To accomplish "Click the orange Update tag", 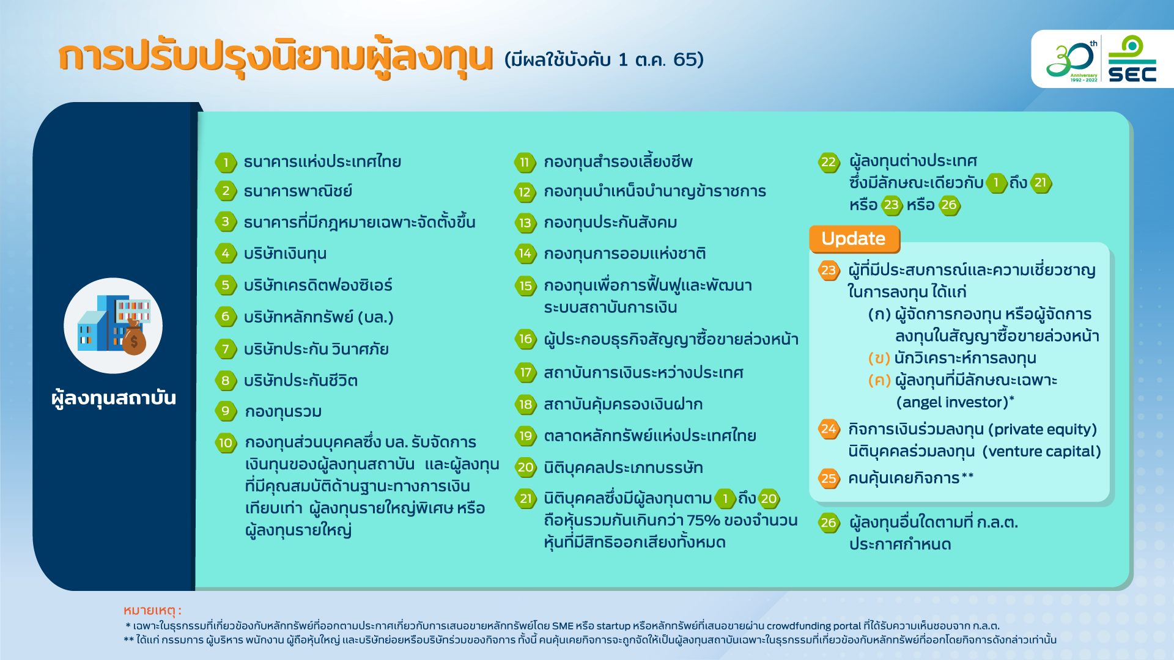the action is (x=854, y=239).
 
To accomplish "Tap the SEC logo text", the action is (x=1132, y=74).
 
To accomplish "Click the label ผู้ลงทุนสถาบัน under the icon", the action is (x=114, y=398).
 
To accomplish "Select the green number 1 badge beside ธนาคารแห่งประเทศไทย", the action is (x=226, y=163).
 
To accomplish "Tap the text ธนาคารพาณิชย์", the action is (x=298, y=191).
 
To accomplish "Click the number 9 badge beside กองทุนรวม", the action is (x=226, y=411).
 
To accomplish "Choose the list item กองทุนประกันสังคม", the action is (x=610, y=222).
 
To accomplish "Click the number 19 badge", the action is (x=525, y=436).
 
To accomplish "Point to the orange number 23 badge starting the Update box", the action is (x=829, y=270).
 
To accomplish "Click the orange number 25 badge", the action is (x=829, y=478).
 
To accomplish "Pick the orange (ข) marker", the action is (x=879, y=358).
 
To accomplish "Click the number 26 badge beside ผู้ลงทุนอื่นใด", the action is (x=829, y=522).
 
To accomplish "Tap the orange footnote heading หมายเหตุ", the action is (x=152, y=610).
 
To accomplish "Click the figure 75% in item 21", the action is (x=703, y=521).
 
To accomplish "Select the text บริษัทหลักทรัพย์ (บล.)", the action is (x=319, y=317).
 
